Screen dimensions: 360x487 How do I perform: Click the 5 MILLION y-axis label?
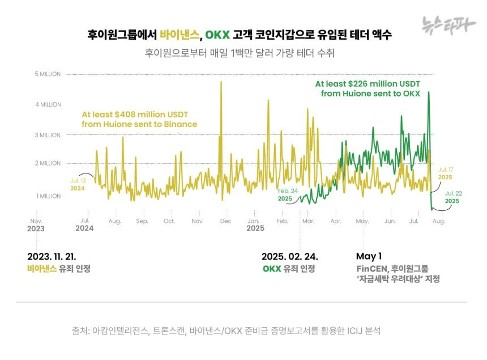47,74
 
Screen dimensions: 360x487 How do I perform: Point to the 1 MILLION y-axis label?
47,196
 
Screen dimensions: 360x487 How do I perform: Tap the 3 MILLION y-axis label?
47,135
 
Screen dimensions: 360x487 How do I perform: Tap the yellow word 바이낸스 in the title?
180,35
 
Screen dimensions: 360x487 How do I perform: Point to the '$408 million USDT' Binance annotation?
139,119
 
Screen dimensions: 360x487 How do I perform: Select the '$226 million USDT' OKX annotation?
368,89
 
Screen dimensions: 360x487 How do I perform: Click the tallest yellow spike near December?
221,83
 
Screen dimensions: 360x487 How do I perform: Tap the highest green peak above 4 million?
429,92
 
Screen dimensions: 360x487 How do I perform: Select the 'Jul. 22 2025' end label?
452,197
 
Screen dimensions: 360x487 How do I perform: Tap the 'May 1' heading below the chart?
368,256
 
